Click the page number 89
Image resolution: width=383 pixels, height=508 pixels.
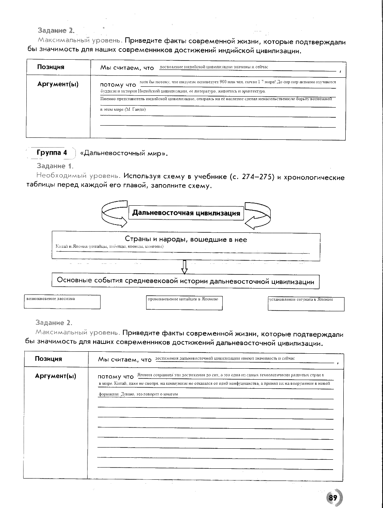click(333, 497)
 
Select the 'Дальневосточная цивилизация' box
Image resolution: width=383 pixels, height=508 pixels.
click(186, 213)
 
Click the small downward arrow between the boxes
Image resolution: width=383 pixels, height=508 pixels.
click(184, 267)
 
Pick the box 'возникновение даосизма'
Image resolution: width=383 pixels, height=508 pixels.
click(62, 302)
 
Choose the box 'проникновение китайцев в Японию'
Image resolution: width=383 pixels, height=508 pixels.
click(184, 302)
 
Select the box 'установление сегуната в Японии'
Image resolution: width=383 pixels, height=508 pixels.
click(306, 303)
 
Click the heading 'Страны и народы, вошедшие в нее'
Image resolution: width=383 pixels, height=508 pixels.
click(186, 239)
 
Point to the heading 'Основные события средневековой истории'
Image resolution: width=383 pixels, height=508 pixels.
click(185, 281)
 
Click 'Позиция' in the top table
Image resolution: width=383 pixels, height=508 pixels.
click(51, 67)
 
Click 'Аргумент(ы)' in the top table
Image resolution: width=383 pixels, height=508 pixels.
click(58, 84)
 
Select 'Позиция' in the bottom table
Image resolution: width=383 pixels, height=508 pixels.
click(48, 358)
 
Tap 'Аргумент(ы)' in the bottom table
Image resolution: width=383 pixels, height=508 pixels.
click(55, 376)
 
